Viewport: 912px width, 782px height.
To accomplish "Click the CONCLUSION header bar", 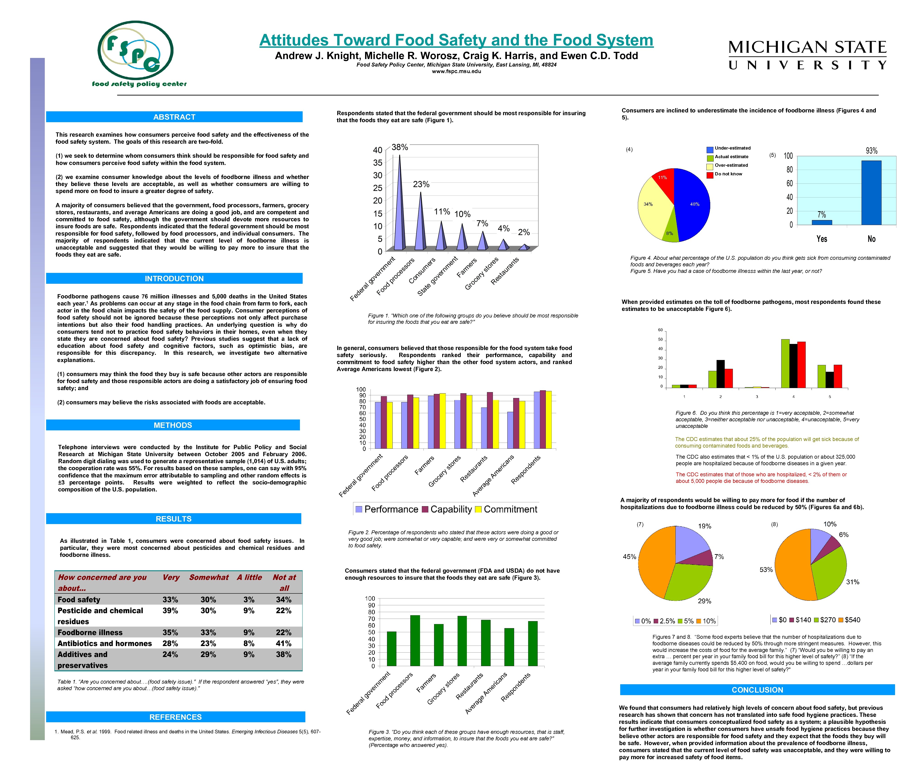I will coord(757,689).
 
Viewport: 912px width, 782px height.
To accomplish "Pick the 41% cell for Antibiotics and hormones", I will coord(283,643).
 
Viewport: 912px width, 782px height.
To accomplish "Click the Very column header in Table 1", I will coord(171,577).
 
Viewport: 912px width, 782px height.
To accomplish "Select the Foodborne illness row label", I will coord(90,632).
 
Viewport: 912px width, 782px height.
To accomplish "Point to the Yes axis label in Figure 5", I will coord(821,239).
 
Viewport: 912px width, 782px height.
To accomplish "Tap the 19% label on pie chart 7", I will coord(704,526).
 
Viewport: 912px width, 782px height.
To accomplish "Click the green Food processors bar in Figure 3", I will coord(415,640).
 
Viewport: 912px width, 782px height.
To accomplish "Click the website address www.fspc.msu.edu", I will coord(456,71).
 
